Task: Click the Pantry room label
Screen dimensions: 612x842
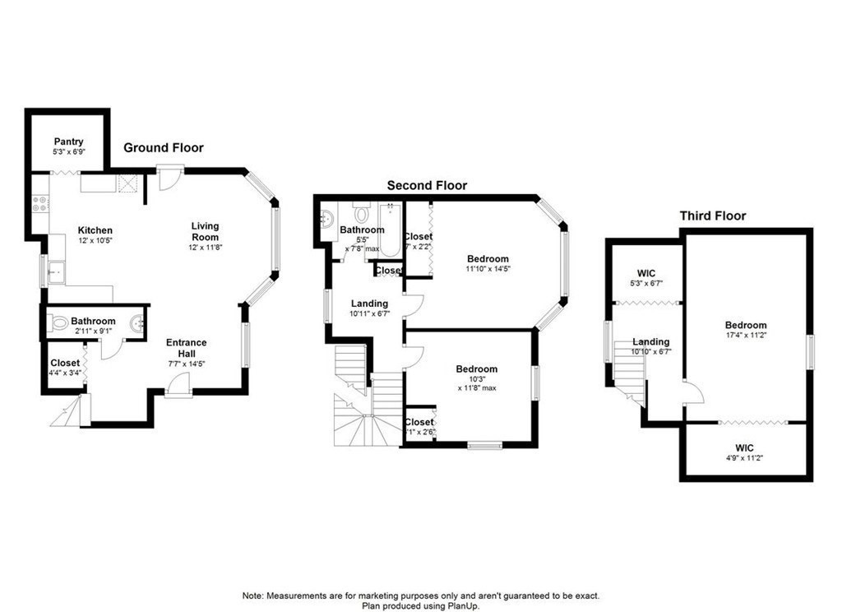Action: click(x=68, y=141)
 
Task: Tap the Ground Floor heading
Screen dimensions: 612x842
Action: click(x=164, y=148)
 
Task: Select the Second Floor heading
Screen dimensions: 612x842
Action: click(x=427, y=186)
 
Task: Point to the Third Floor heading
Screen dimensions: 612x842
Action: click(x=712, y=216)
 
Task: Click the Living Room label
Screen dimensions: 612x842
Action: click(x=206, y=231)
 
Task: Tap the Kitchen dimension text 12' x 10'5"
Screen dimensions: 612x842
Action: click(x=95, y=241)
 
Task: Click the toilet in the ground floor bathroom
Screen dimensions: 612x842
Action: click(x=58, y=323)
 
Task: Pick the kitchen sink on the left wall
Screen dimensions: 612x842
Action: click(x=55, y=271)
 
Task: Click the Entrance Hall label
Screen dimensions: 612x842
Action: click(x=187, y=348)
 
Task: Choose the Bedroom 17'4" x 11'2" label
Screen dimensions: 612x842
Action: click(x=746, y=330)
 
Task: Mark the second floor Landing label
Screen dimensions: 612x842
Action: click(x=369, y=308)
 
